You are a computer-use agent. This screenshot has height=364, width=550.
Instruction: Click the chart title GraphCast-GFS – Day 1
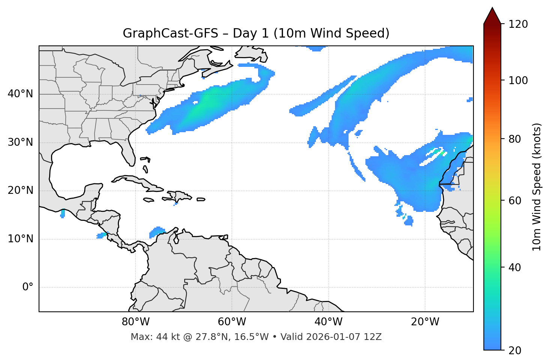tap(256, 33)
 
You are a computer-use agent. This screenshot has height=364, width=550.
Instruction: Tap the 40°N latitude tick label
tap(20, 94)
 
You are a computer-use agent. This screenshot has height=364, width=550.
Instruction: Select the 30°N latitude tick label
tap(20, 142)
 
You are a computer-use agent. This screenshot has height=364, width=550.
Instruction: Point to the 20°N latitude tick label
tap(20, 190)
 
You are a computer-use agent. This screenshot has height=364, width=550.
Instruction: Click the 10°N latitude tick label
tap(20, 239)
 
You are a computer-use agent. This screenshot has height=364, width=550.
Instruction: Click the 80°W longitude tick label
tap(135, 322)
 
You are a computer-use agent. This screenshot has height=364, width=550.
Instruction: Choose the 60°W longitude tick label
tap(232, 322)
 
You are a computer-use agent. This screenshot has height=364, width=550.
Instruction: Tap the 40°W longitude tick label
tap(328, 322)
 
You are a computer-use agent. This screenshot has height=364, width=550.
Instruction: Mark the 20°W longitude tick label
tap(425, 322)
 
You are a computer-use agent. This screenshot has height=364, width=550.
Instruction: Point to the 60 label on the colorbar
tap(517, 201)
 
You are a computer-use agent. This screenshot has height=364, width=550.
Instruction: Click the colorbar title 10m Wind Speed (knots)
tap(537, 187)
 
